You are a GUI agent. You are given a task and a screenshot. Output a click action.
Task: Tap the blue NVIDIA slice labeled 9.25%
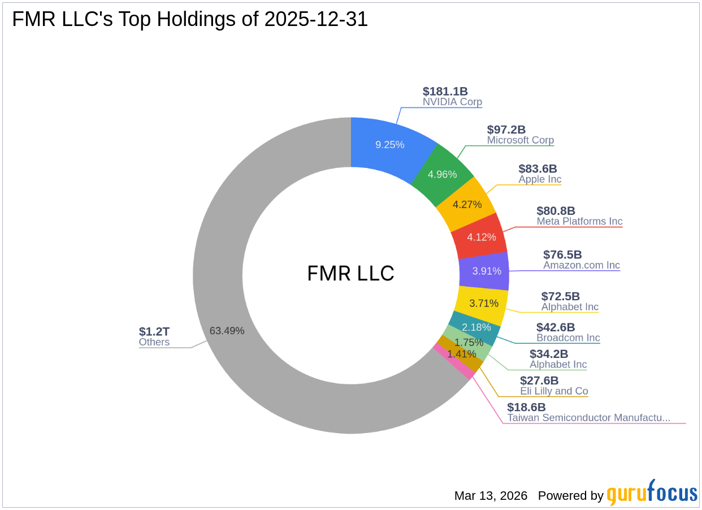pyautogui.click(x=390, y=144)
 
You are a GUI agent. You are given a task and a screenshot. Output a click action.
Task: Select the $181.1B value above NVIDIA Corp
pyautogui.click(x=445, y=92)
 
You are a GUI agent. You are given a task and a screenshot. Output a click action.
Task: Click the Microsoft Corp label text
pyautogui.click(x=520, y=140)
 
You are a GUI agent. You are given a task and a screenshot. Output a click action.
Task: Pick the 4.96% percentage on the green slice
pyautogui.click(x=442, y=174)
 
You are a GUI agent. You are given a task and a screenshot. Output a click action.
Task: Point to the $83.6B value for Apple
pyautogui.click(x=538, y=168)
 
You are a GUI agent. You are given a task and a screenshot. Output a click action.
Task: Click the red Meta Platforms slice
pyautogui.click(x=481, y=237)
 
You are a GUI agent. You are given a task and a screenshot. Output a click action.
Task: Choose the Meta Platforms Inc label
pyautogui.click(x=579, y=221)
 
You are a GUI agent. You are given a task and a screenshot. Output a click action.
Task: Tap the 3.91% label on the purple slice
pyautogui.click(x=487, y=271)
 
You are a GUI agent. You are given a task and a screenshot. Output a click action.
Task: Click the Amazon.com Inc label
pyautogui.click(x=581, y=265)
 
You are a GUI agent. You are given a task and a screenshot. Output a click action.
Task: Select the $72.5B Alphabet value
pyautogui.click(x=560, y=296)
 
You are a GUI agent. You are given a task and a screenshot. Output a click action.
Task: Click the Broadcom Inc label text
pyautogui.click(x=568, y=338)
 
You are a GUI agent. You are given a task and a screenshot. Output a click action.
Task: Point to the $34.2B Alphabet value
pyautogui.click(x=548, y=354)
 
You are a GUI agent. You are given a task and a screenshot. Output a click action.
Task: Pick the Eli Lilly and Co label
pyautogui.click(x=554, y=391)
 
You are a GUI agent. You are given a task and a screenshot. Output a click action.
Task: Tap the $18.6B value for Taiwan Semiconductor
pyautogui.click(x=526, y=407)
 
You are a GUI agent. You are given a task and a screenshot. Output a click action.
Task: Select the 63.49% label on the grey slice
pyautogui.click(x=227, y=331)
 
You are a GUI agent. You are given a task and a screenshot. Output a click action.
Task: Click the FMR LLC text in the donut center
pyautogui.click(x=350, y=274)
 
